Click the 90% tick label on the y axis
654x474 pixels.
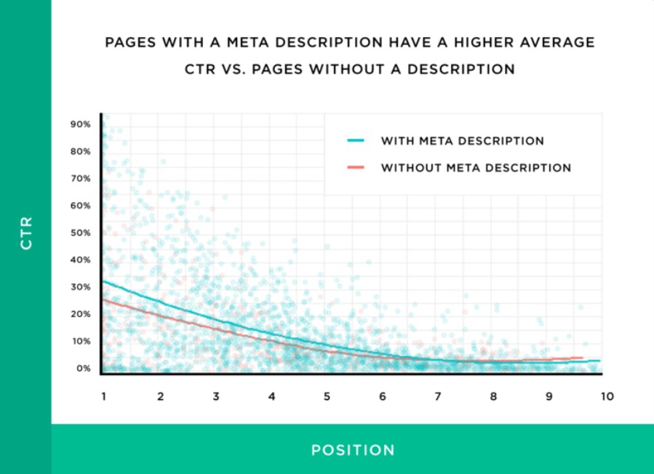80,124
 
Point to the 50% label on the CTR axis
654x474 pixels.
80,233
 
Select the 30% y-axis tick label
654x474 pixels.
80,287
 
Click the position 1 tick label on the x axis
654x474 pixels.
104,397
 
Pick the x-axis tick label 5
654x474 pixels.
327,397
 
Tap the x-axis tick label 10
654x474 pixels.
607,397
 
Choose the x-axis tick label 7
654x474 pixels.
438,397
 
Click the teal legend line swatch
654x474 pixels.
356,141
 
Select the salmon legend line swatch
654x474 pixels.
356,168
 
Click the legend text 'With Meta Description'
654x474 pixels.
462,141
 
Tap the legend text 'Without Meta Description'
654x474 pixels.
476,168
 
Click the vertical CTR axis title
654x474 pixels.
26,237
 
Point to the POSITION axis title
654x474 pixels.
353,450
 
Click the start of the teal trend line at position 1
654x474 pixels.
103,281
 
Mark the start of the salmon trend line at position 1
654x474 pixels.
103,299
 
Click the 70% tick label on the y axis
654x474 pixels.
80,179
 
